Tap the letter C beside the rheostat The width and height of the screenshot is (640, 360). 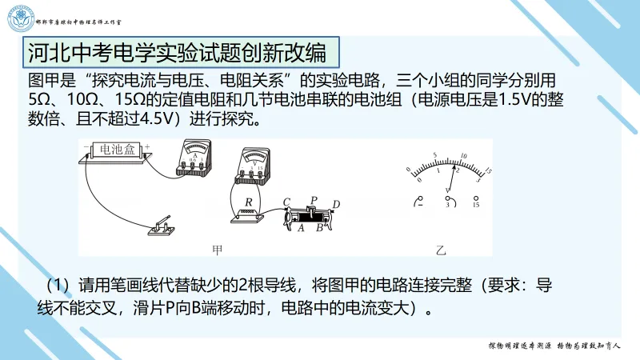[286, 201]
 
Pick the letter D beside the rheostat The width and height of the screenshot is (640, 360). [336, 204]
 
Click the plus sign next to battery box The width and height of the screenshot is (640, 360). [148, 145]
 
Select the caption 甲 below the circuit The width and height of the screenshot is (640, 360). [217, 250]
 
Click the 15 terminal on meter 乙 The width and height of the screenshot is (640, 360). [477, 201]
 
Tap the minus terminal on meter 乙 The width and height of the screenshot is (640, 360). [417, 201]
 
